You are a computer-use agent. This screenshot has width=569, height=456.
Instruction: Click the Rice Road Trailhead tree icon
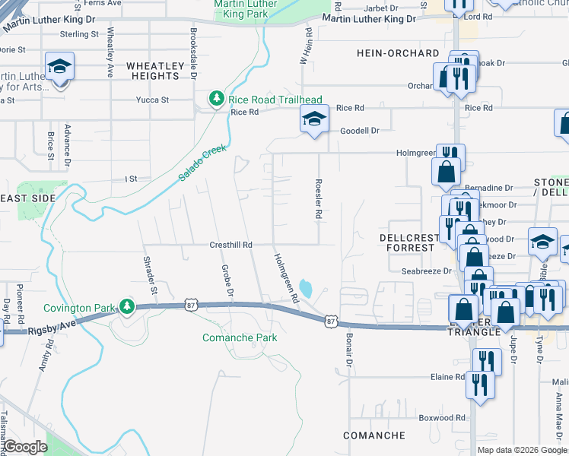pyautogui.click(x=218, y=100)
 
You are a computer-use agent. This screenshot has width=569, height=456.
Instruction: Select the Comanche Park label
pyautogui.click(x=240, y=337)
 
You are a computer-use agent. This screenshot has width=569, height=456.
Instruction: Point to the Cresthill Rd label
pyautogui.click(x=230, y=245)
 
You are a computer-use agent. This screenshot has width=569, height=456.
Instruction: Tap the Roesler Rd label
pyautogui.click(x=318, y=200)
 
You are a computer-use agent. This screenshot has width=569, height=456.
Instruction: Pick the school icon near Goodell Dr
pyautogui.click(x=314, y=119)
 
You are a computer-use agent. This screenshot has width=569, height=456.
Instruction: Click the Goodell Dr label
pyautogui.click(x=359, y=131)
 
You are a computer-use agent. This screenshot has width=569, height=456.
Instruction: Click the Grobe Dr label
pyautogui.click(x=227, y=280)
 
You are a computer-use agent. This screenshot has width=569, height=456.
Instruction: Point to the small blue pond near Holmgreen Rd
pyautogui.click(x=306, y=289)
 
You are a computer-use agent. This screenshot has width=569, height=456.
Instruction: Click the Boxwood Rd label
pyautogui.click(x=442, y=418)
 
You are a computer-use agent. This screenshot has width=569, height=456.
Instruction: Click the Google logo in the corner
pyautogui.click(x=26, y=447)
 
